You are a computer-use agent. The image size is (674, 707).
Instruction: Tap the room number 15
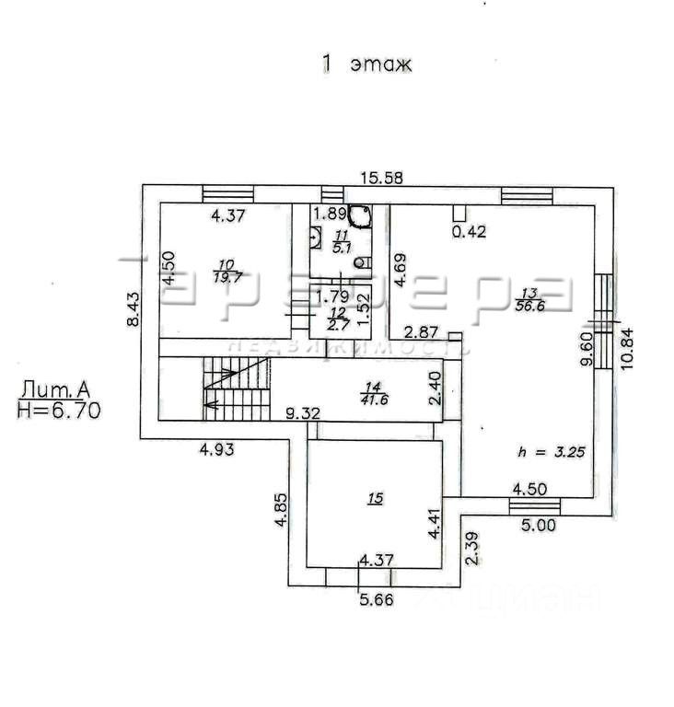click(375, 498)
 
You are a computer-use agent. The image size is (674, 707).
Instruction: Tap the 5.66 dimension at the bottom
click(376, 603)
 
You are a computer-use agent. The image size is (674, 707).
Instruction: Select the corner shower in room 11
click(360, 215)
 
